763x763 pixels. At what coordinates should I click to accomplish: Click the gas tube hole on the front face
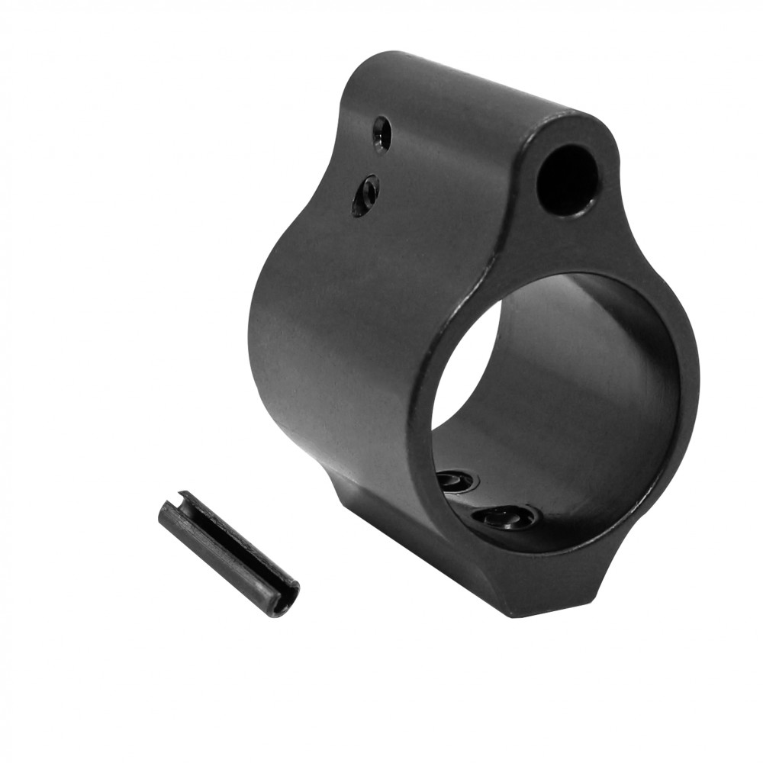click(x=567, y=180)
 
